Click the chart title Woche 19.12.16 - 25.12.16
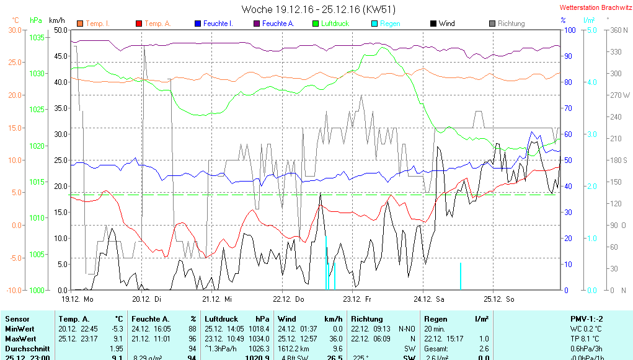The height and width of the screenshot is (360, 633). click(x=318, y=9)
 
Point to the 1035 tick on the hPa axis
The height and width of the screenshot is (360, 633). click(x=37, y=38)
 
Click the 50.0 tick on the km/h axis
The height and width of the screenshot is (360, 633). click(x=60, y=30)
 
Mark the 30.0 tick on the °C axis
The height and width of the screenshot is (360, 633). click(x=15, y=30)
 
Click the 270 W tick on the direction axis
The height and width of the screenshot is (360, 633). click(x=620, y=95)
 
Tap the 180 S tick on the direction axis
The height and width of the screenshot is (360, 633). click(x=620, y=160)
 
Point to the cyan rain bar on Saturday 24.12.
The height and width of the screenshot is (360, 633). click(x=460, y=276)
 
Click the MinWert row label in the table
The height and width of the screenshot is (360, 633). click(x=20, y=328)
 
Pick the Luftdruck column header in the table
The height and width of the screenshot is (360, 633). click(x=221, y=318)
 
